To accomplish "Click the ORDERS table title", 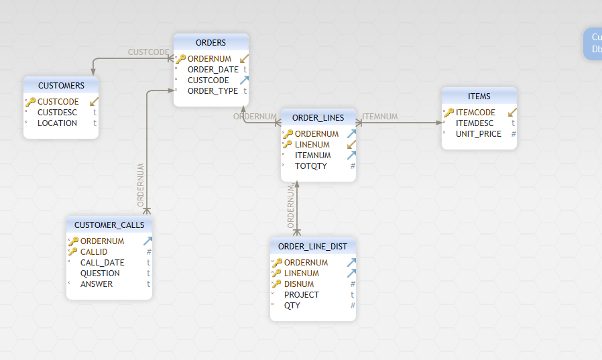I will [x=210, y=43].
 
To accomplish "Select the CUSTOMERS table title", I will [x=61, y=86].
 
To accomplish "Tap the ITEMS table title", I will [x=479, y=97].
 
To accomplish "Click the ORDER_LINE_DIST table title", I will [x=312, y=247].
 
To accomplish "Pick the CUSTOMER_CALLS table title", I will [x=109, y=225].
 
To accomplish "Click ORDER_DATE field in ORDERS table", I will [x=213, y=70].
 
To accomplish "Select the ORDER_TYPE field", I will [x=213, y=91].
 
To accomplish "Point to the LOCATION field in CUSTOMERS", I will [x=57, y=123].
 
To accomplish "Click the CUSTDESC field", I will [x=57, y=113].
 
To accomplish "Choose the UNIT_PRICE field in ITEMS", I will [x=478, y=134].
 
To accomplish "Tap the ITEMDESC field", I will [x=475, y=123].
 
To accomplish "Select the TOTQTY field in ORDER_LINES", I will [x=311, y=166].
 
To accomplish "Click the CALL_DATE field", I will [x=102, y=263].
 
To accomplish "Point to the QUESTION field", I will [x=100, y=274].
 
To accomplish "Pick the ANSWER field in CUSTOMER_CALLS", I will [x=97, y=284].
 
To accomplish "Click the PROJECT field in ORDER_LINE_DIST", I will [x=302, y=295].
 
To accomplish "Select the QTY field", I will [x=292, y=306].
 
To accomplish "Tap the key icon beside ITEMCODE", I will [x=448, y=113].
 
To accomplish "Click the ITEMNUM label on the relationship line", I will [x=380, y=117].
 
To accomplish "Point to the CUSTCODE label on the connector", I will [x=148, y=52].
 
